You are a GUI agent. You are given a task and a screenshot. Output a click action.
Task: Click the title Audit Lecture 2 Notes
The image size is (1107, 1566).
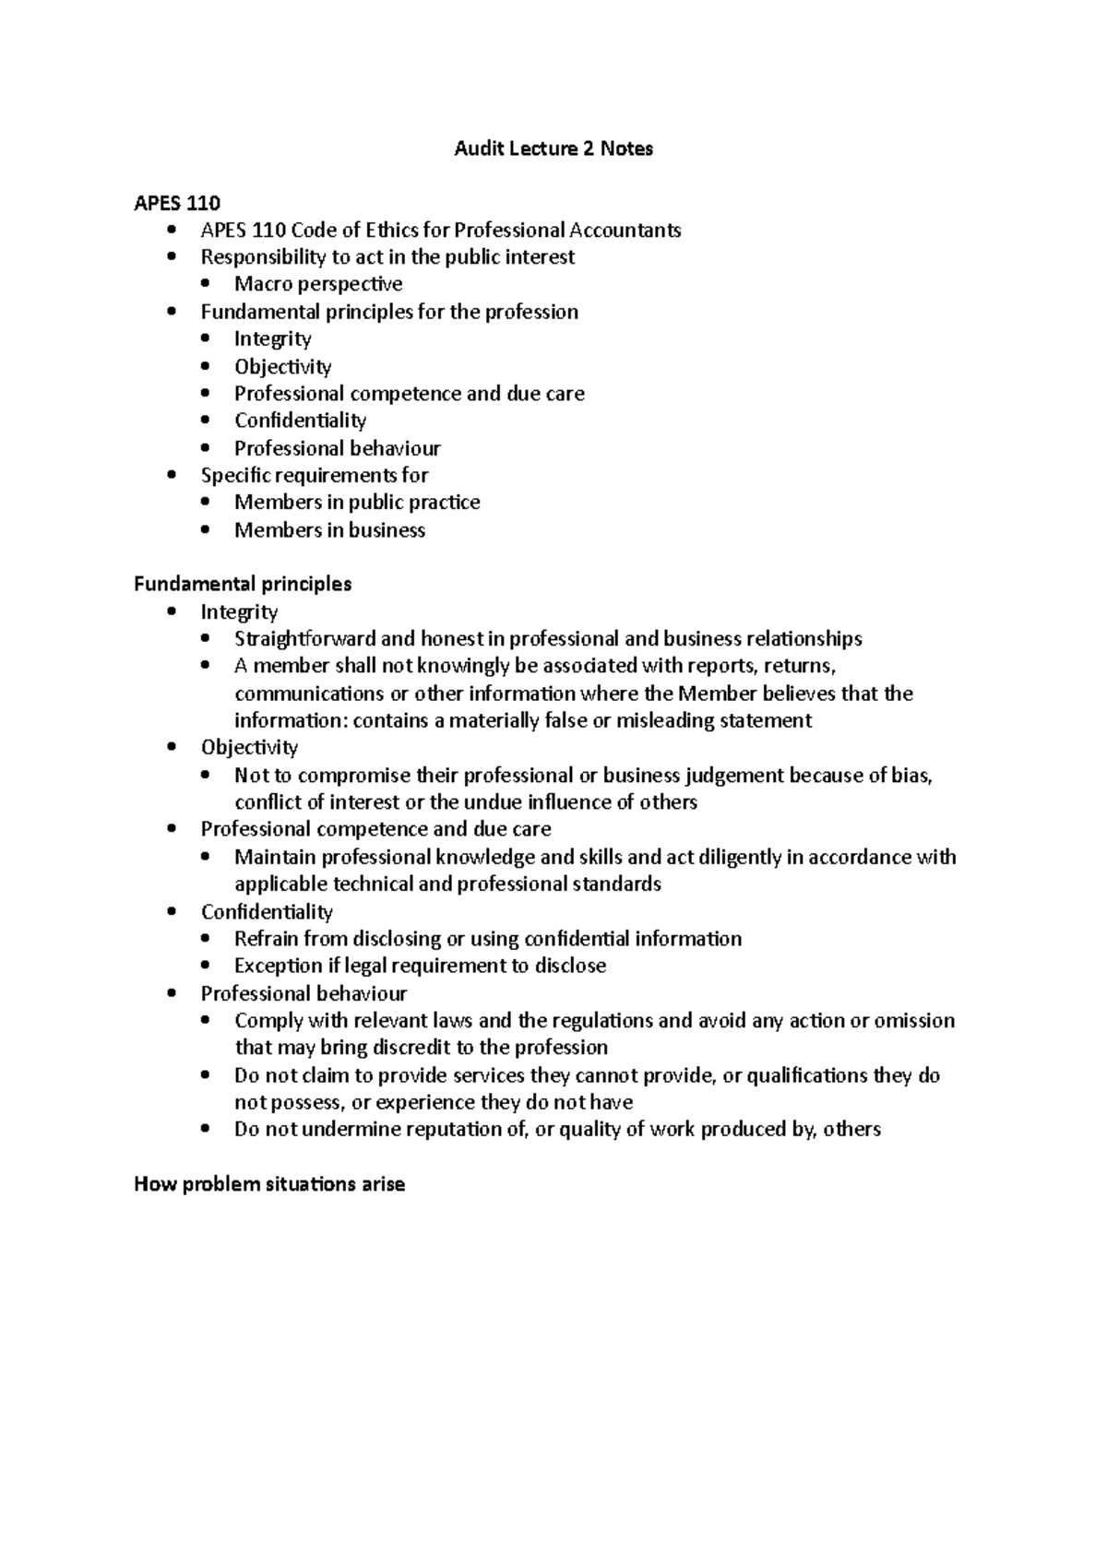tap(553, 148)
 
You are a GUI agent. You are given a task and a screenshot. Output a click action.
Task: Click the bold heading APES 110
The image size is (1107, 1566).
tap(177, 203)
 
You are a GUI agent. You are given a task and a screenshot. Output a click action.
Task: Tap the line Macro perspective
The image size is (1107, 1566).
tap(318, 284)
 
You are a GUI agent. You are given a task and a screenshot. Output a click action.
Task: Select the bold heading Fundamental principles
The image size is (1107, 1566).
tap(243, 585)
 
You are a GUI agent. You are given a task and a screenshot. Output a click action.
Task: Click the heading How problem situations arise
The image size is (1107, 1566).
tap(269, 1185)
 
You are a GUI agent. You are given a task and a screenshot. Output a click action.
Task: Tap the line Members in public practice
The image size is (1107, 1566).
tap(357, 503)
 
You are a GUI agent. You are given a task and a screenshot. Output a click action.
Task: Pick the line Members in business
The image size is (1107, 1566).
tap(329, 530)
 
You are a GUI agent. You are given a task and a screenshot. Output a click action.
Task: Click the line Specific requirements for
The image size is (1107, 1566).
tap(315, 476)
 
